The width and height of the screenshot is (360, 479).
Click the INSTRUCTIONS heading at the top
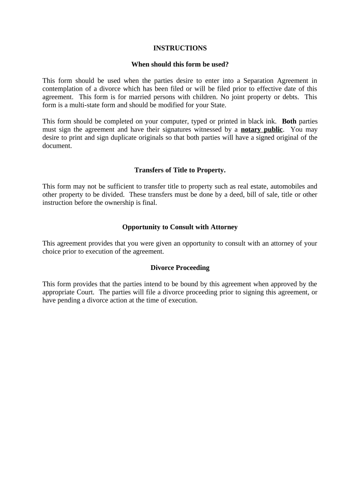point(180,48)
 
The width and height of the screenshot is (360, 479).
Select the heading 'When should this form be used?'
point(180,64)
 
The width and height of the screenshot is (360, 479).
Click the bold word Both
point(289,121)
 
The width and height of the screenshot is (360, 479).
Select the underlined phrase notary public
point(261,130)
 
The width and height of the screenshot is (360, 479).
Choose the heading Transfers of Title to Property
point(180,170)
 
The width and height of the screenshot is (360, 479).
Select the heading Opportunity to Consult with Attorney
point(180,227)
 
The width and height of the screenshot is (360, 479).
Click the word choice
point(52,251)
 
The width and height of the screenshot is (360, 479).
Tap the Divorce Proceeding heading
point(180,268)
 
